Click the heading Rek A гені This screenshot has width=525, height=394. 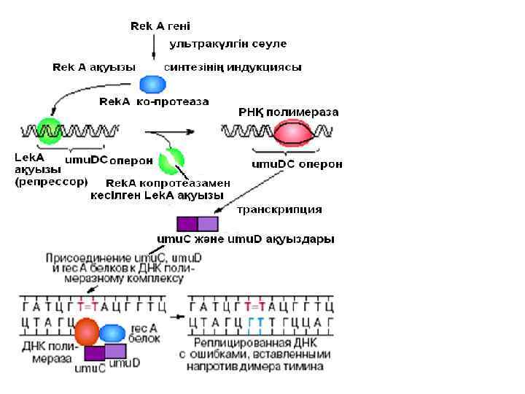click(x=160, y=26)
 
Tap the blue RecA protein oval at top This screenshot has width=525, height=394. click(x=153, y=84)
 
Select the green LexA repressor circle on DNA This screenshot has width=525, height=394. click(x=50, y=131)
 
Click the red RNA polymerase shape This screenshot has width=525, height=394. click(x=295, y=133)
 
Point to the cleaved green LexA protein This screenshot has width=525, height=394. click(x=173, y=161)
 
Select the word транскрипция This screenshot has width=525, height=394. click(x=280, y=209)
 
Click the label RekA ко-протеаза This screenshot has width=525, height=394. click(x=154, y=101)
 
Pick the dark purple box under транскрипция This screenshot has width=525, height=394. click(x=187, y=224)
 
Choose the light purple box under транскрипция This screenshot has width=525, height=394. click(x=208, y=224)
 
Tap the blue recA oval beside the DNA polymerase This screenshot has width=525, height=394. click(x=112, y=333)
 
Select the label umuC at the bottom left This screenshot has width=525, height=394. click(x=90, y=368)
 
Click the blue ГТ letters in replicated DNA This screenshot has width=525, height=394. click(x=255, y=322)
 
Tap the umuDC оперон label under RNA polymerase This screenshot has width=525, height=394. click(x=297, y=164)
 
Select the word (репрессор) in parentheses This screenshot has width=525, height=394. click(x=52, y=182)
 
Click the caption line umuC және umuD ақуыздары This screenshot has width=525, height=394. click(x=246, y=239)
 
